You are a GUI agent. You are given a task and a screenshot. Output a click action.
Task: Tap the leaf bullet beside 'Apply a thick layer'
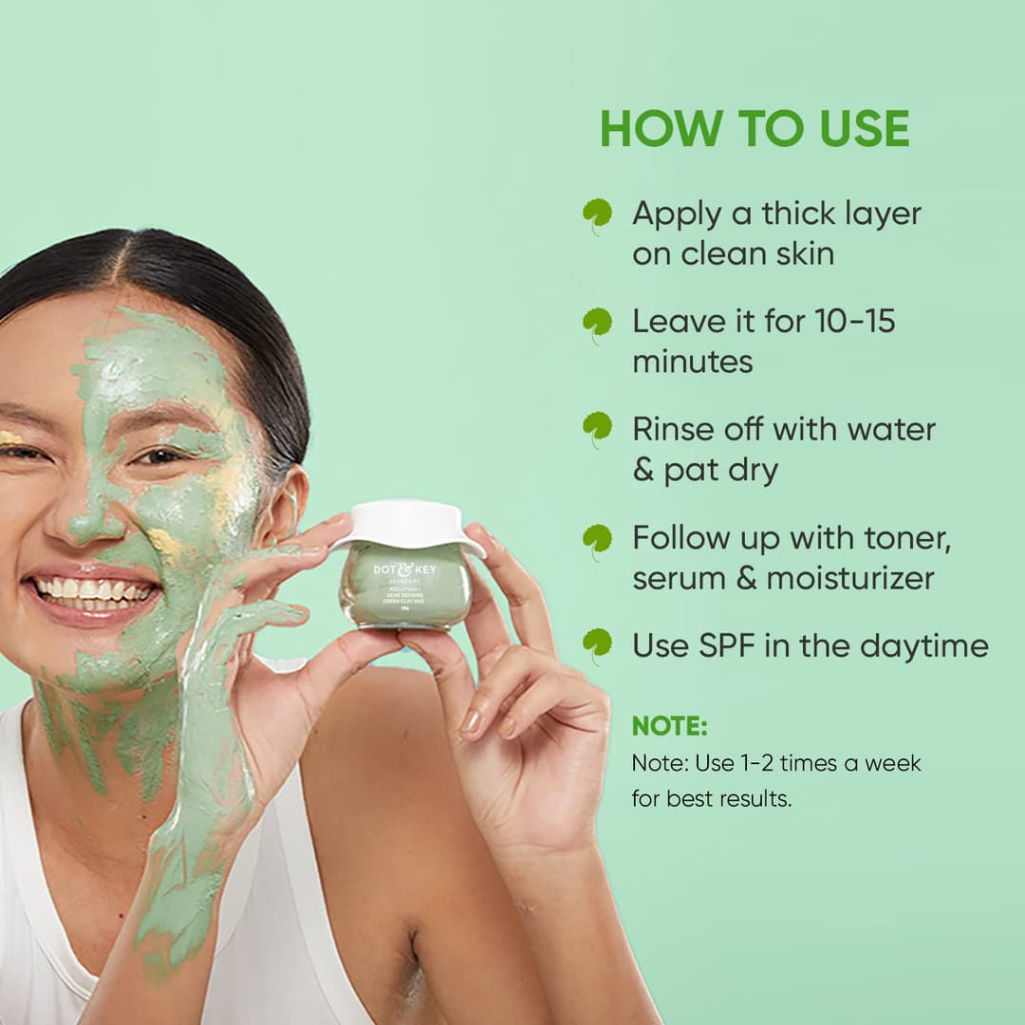pos(597,215)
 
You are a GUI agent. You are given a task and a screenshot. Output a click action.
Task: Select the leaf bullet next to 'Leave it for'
pos(597,324)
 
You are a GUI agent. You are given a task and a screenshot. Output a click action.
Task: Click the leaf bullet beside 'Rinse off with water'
pos(597,430)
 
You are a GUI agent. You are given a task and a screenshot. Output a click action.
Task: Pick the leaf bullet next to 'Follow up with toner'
pos(597,540)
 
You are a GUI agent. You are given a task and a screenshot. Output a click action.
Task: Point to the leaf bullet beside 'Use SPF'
pos(597,645)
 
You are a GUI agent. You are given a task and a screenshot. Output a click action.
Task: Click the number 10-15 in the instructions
pos(854,322)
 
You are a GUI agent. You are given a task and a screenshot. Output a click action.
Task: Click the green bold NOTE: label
pos(670,726)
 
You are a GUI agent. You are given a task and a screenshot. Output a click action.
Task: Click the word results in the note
pos(755,799)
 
